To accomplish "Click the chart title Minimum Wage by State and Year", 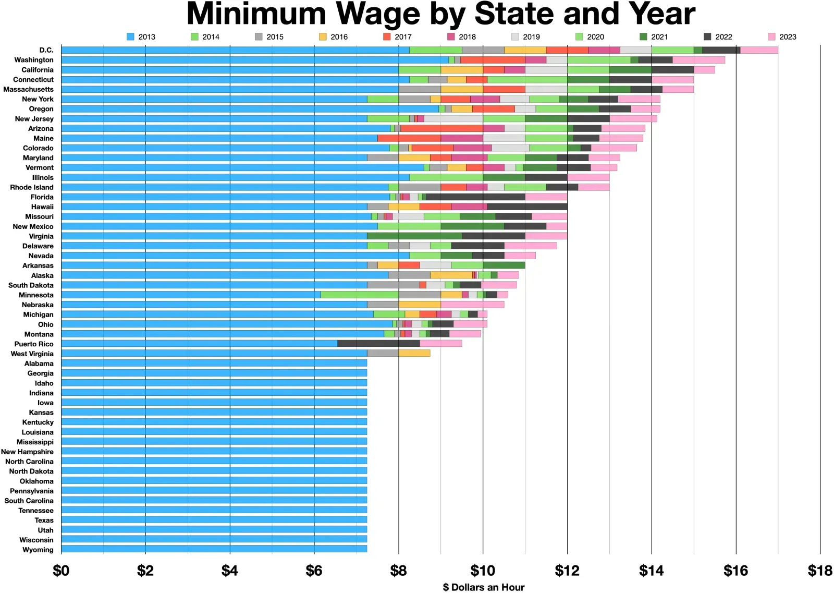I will tap(440, 14).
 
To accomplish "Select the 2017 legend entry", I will tap(402, 37).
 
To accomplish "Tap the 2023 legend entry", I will tap(787, 37).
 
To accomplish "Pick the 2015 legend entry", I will tap(274, 37).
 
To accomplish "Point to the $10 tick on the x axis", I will tap(483, 571).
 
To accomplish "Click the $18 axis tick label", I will tap(819, 571).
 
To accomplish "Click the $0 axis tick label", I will tap(61, 571).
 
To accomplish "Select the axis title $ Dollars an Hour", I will tap(483, 587).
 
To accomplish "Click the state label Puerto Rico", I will tap(34, 344).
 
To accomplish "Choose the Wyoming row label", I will tap(38, 550).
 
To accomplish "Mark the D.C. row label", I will tap(46, 50).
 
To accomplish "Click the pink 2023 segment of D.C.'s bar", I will tap(759, 50).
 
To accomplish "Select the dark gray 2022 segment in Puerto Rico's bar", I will tap(378, 344).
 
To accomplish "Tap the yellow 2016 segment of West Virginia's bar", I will tap(414, 354).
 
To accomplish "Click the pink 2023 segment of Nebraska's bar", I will tap(472, 305).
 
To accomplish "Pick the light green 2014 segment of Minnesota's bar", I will tap(360, 295).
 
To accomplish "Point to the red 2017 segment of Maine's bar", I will tap(409, 138).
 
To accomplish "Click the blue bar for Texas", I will tap(214, 520).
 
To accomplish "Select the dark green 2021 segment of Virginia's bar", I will tap(414, 236).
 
